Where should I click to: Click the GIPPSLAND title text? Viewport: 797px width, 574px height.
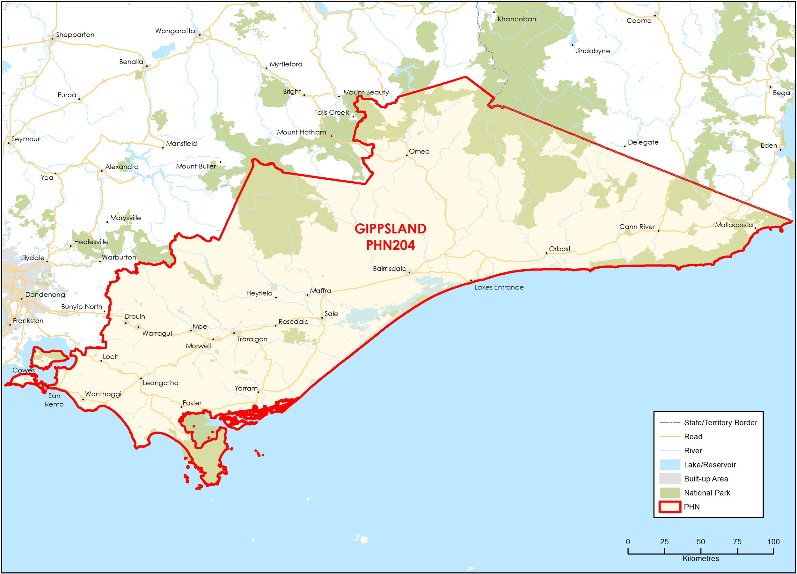[390, 229]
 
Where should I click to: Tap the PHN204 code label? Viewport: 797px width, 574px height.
[390, 245]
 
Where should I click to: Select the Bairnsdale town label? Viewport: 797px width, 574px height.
[389, 269]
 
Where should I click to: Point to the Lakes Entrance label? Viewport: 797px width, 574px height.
[499, 287]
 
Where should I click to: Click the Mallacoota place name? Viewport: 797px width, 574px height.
[734, 225]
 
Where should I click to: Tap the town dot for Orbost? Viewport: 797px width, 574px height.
[546, 253]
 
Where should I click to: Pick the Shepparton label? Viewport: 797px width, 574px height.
[75, 35]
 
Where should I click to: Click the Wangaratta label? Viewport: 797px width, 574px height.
[175, 31]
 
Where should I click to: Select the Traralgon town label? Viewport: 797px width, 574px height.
[252, 339]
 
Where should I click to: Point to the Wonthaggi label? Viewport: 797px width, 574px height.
[103, 394]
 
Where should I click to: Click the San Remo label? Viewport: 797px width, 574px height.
[54, 400]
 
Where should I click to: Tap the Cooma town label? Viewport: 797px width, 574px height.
[639, 21]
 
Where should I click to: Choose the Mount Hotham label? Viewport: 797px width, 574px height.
[301, 132]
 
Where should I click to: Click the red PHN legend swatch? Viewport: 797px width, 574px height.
[670, 507]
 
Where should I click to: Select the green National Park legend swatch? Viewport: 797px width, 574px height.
[670, 493]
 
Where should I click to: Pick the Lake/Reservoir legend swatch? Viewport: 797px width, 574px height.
[670, 465]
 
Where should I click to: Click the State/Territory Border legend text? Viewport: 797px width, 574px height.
[720, 423]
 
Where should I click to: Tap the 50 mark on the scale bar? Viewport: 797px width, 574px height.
[700, 542]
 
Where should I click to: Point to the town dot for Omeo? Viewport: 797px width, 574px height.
[406, 155]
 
